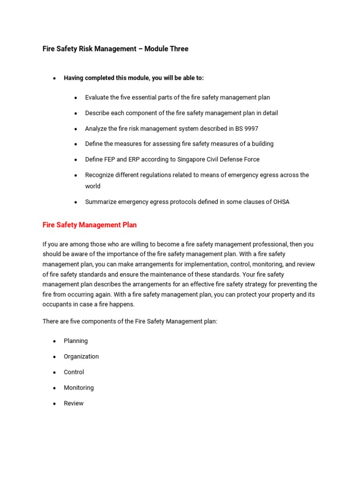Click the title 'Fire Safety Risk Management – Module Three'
(x=115, y=49)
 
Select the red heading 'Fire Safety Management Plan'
(x=90, y=225)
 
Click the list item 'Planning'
(x=76, y=341)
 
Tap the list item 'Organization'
(x=81, y=357)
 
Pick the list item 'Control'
(x=74, y=372)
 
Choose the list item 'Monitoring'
(x=79, y=388)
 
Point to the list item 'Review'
(x=74, y=403)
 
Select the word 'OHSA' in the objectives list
(x=280, y=202)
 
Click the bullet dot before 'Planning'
(x=55, y=341)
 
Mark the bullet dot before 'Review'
(x=55, y=404)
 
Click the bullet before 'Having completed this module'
(x=55, y=78)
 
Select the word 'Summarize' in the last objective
(x=100, y=202)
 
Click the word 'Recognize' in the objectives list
(x=100, y=175)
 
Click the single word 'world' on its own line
(x=93, y=186)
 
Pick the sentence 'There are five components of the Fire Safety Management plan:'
(x=130, y=321)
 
